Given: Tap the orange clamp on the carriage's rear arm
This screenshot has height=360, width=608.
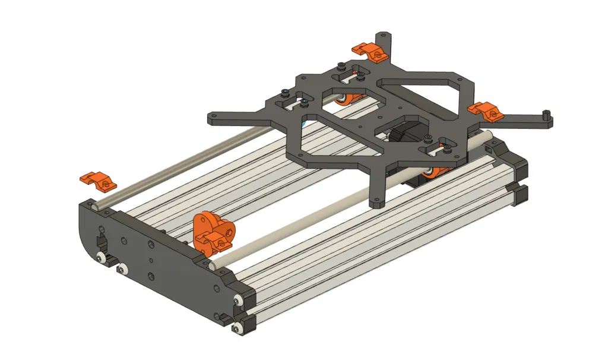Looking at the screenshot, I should coord(369,52).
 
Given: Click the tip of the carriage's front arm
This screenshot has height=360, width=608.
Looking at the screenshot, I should coord(376,204).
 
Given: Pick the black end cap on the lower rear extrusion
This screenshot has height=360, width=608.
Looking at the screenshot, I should coord(521,195).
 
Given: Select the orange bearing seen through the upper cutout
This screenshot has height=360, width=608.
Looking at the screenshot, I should coord(343,99).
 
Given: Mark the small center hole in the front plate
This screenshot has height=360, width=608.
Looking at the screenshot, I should coord(150,260).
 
